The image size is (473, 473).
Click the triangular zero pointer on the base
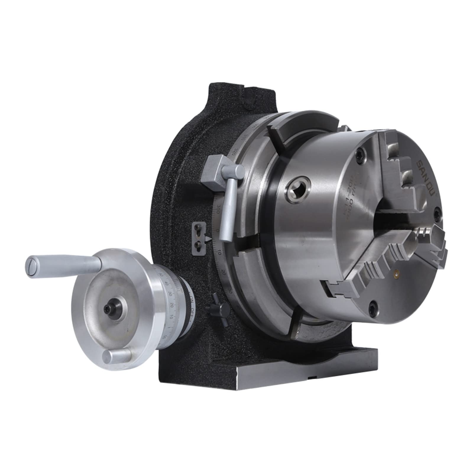coord(209,238)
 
